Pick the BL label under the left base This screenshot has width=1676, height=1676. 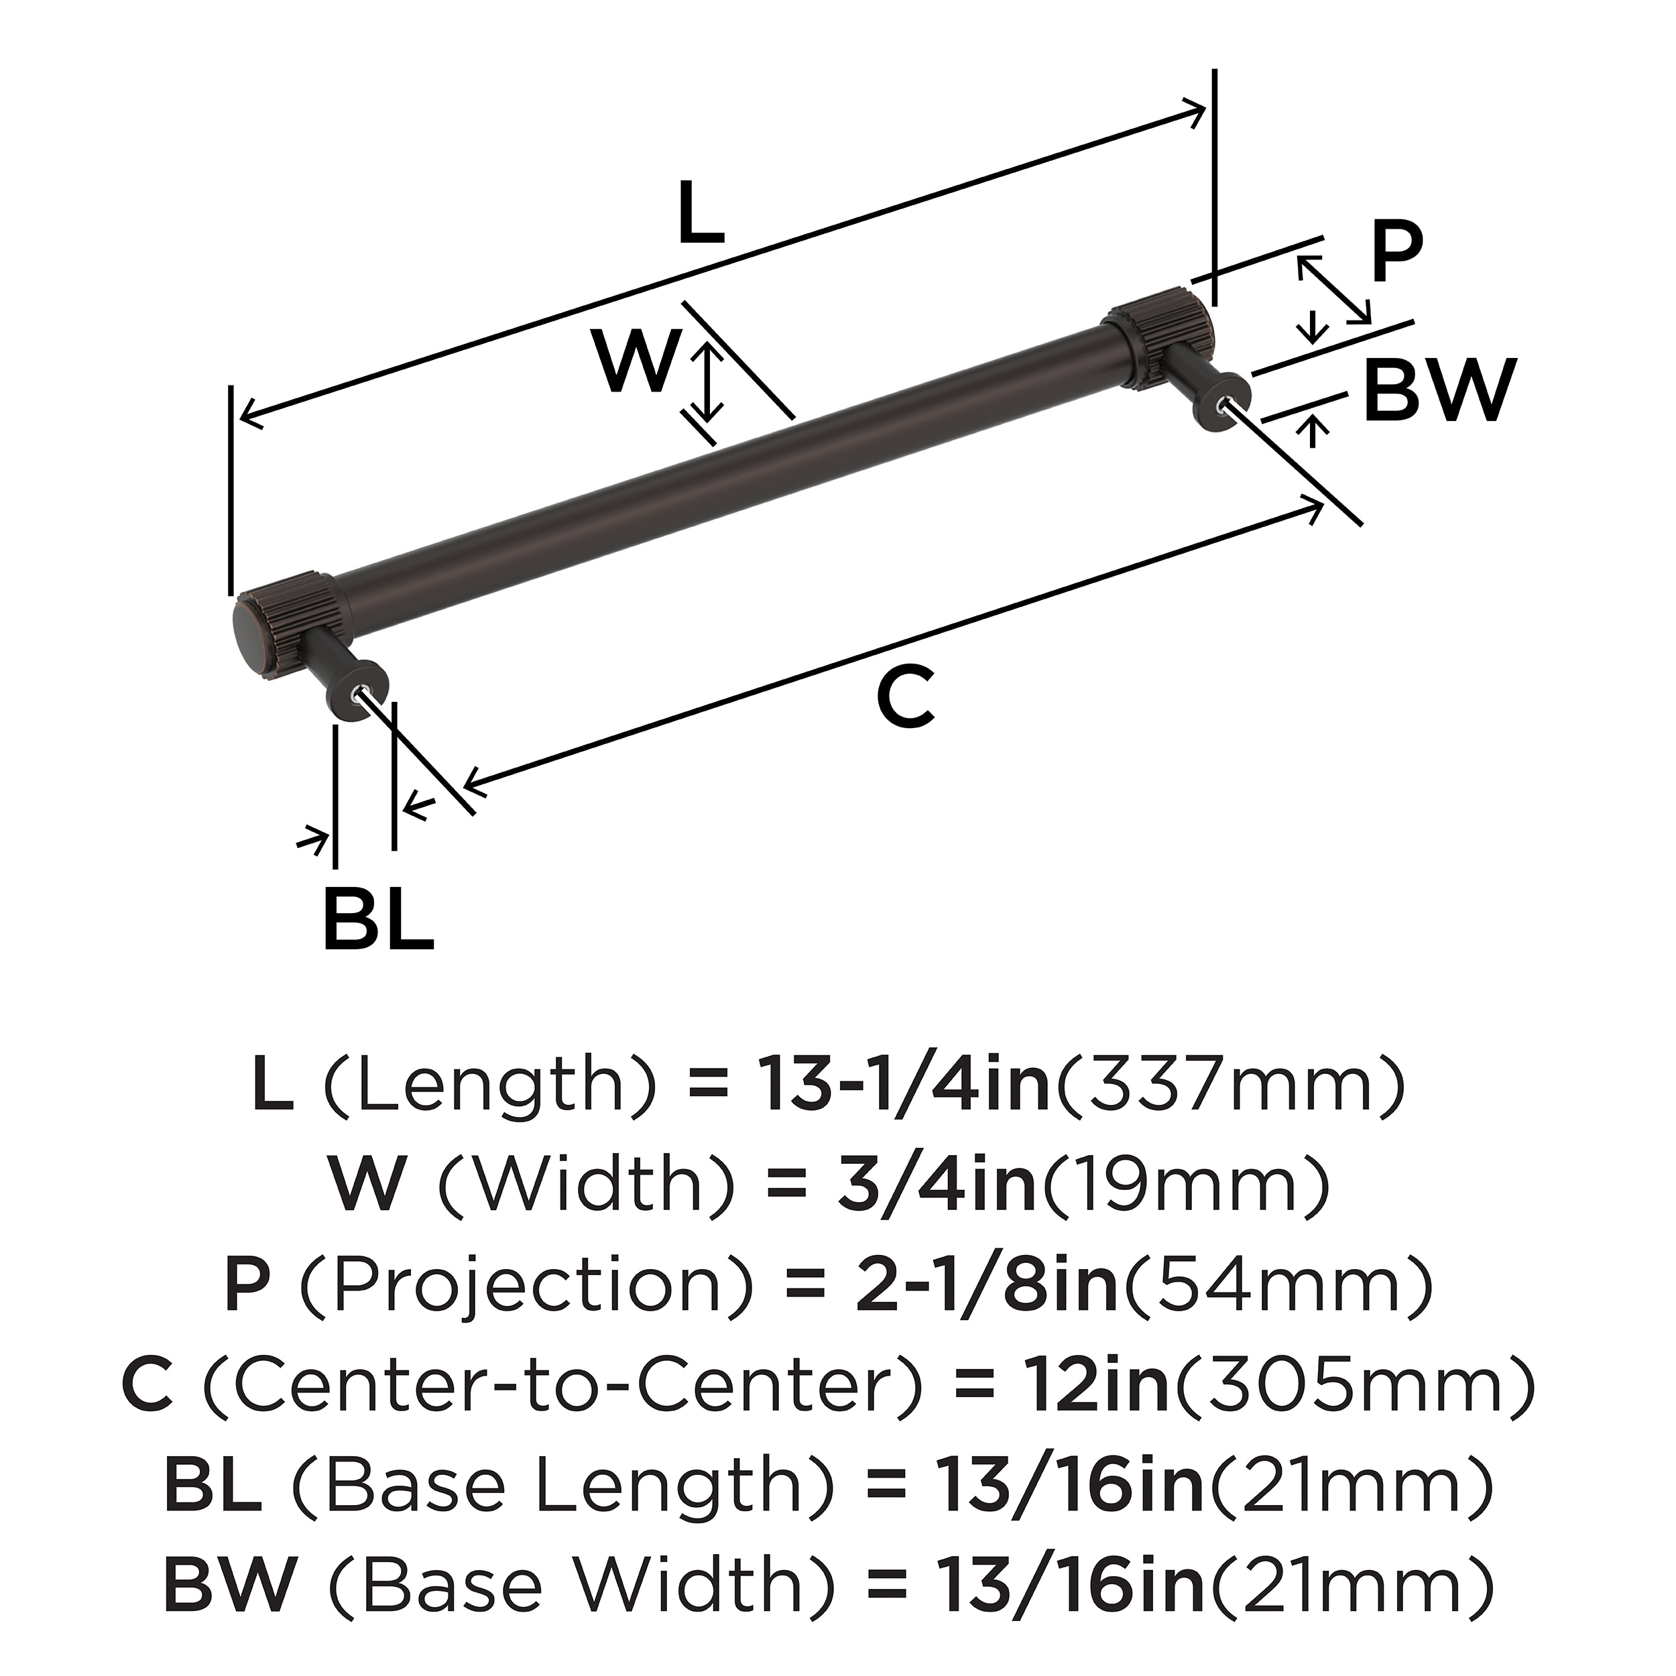click(x=378, y=918)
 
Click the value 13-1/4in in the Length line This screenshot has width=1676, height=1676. click(x=905, y=1084)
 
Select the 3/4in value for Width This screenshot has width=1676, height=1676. click(x=937, y=1185)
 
